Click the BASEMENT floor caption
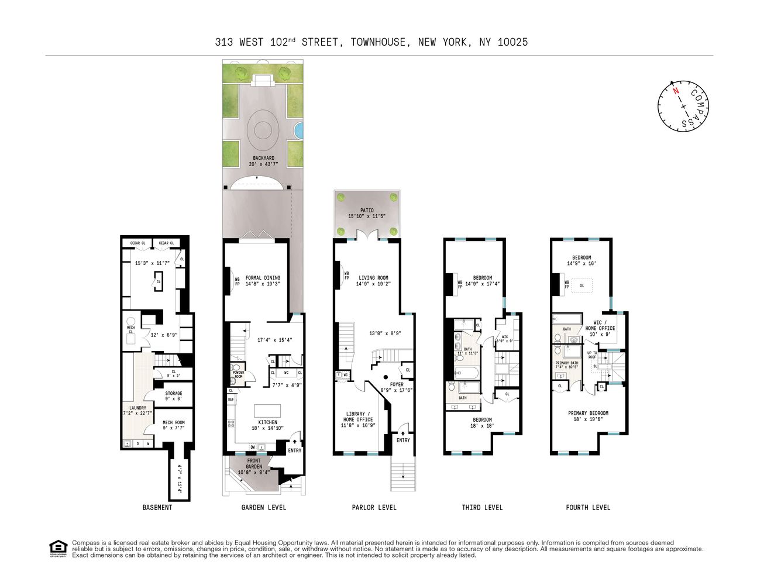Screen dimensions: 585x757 click(157, 507)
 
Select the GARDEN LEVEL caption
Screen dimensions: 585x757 click(264, 507)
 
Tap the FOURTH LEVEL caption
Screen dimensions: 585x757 click(588, 507)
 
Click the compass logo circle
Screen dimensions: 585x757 click(683, 106)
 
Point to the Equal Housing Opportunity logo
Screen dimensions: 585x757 click(58, 549)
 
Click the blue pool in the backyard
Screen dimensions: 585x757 click(299, 130)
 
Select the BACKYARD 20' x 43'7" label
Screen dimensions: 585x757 click(264, 161)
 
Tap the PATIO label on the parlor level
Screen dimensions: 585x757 click(367, 213)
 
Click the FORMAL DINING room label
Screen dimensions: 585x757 click(263, 281)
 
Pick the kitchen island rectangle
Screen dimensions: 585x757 click(267, 410)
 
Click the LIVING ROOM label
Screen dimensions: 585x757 click(373, 281)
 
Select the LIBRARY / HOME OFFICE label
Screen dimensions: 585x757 click(357, 419)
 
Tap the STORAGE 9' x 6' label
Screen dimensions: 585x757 click(174, 396)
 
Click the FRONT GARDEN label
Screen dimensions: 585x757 click(254, 464)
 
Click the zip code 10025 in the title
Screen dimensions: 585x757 click(512, 42)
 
